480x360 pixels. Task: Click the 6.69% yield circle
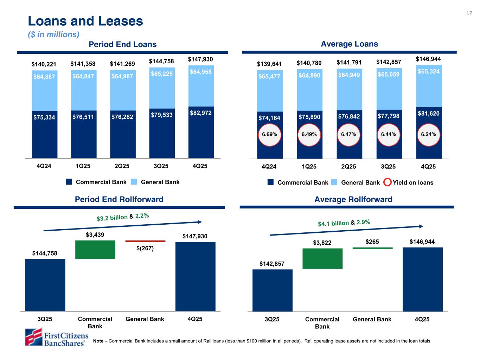pyautogui.click(x=270, y=134)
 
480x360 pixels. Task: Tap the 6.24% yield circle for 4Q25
pyautogui.click(x=429, y=134)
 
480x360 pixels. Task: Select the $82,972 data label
pyautogui.click(x=201, y=113)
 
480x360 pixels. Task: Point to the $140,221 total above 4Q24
pyautogui.click(x=44, y=64)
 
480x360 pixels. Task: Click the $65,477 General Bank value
pyautogui.click(x=270, y=76)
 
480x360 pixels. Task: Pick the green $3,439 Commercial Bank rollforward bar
pyautogui.click(x=95, y=250)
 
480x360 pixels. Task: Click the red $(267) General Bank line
pyautogui.click(x=145, y=241)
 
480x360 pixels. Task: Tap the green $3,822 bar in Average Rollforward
pyautogui.click(x=322, y=258)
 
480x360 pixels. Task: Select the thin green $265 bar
pyautogui.click(x=372, y=248)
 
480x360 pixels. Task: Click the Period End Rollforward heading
pyautogui.click(x=119, y=199)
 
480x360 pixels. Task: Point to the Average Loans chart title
pyautogui.click(x=349, y=44)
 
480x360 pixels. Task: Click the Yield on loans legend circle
pyautogui.click(x=387, y=182)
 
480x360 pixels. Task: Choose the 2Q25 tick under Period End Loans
pyautogui.click(x=122, y=166)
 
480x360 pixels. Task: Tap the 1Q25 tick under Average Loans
pyautogui.click(x=309, y=167)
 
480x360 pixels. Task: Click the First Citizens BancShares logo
pyautogui.click(x=56, y=337)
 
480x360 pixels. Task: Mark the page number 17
pyautogui.click(x=469, y=13)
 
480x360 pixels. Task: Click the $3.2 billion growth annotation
pyautogui.click(x=112, y=218)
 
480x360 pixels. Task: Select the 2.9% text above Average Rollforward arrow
pyautogui.click(x=363, y=222)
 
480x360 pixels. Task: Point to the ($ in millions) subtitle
pyautogui.click(x=54, y=34)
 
